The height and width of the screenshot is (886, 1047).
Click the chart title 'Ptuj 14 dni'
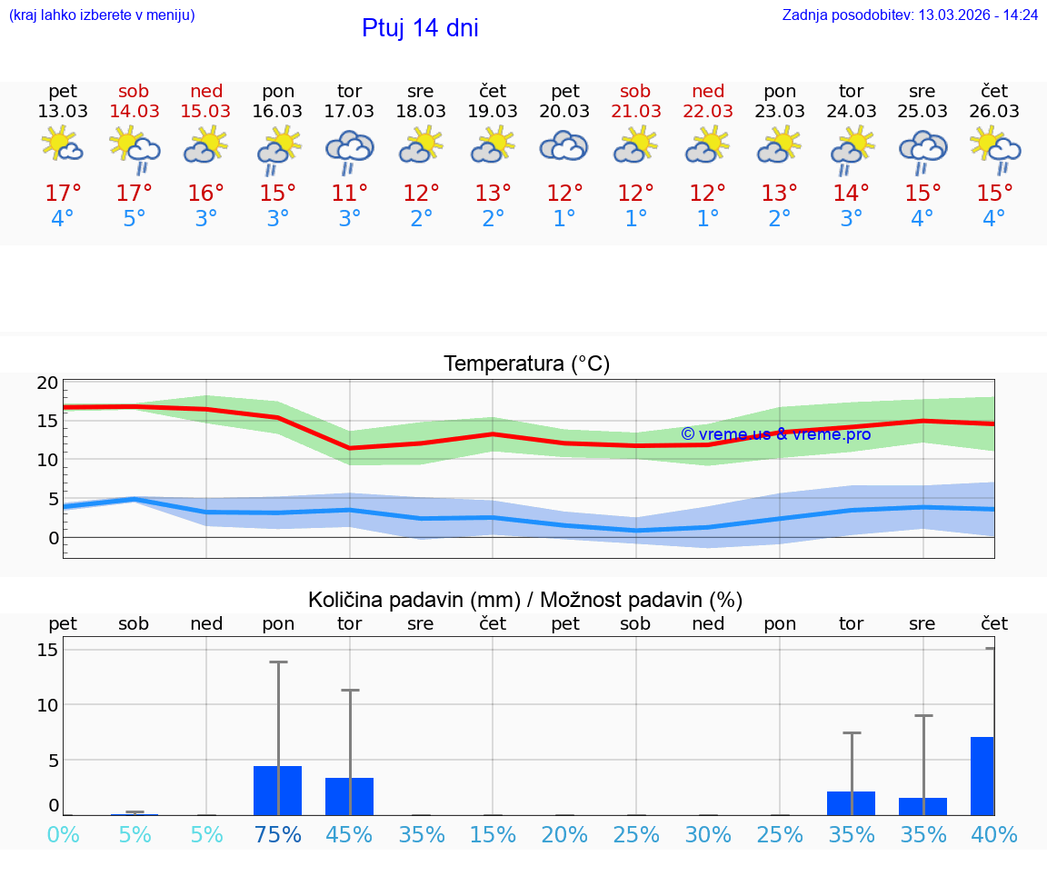420,28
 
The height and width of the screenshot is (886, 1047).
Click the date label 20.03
564,112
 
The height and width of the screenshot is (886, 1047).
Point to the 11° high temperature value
350,194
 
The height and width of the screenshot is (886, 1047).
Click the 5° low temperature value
135,219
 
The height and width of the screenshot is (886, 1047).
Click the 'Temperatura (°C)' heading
526,364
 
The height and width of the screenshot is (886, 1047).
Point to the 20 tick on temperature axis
47,383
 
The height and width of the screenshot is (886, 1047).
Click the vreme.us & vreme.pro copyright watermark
775,434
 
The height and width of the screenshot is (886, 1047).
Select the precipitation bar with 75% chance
278,790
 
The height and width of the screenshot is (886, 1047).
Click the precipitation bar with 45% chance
350,796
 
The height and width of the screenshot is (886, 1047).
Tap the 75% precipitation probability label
278,835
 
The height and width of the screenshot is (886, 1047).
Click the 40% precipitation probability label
994,835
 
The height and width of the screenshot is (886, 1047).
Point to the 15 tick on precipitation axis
47,650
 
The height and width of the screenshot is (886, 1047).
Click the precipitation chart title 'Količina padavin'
525,600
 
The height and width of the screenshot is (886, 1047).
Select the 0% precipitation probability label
63,835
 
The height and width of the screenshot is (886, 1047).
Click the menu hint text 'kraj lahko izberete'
102,15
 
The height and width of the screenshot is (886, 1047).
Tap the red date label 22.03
708,112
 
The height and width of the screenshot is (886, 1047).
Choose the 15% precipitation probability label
493,835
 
